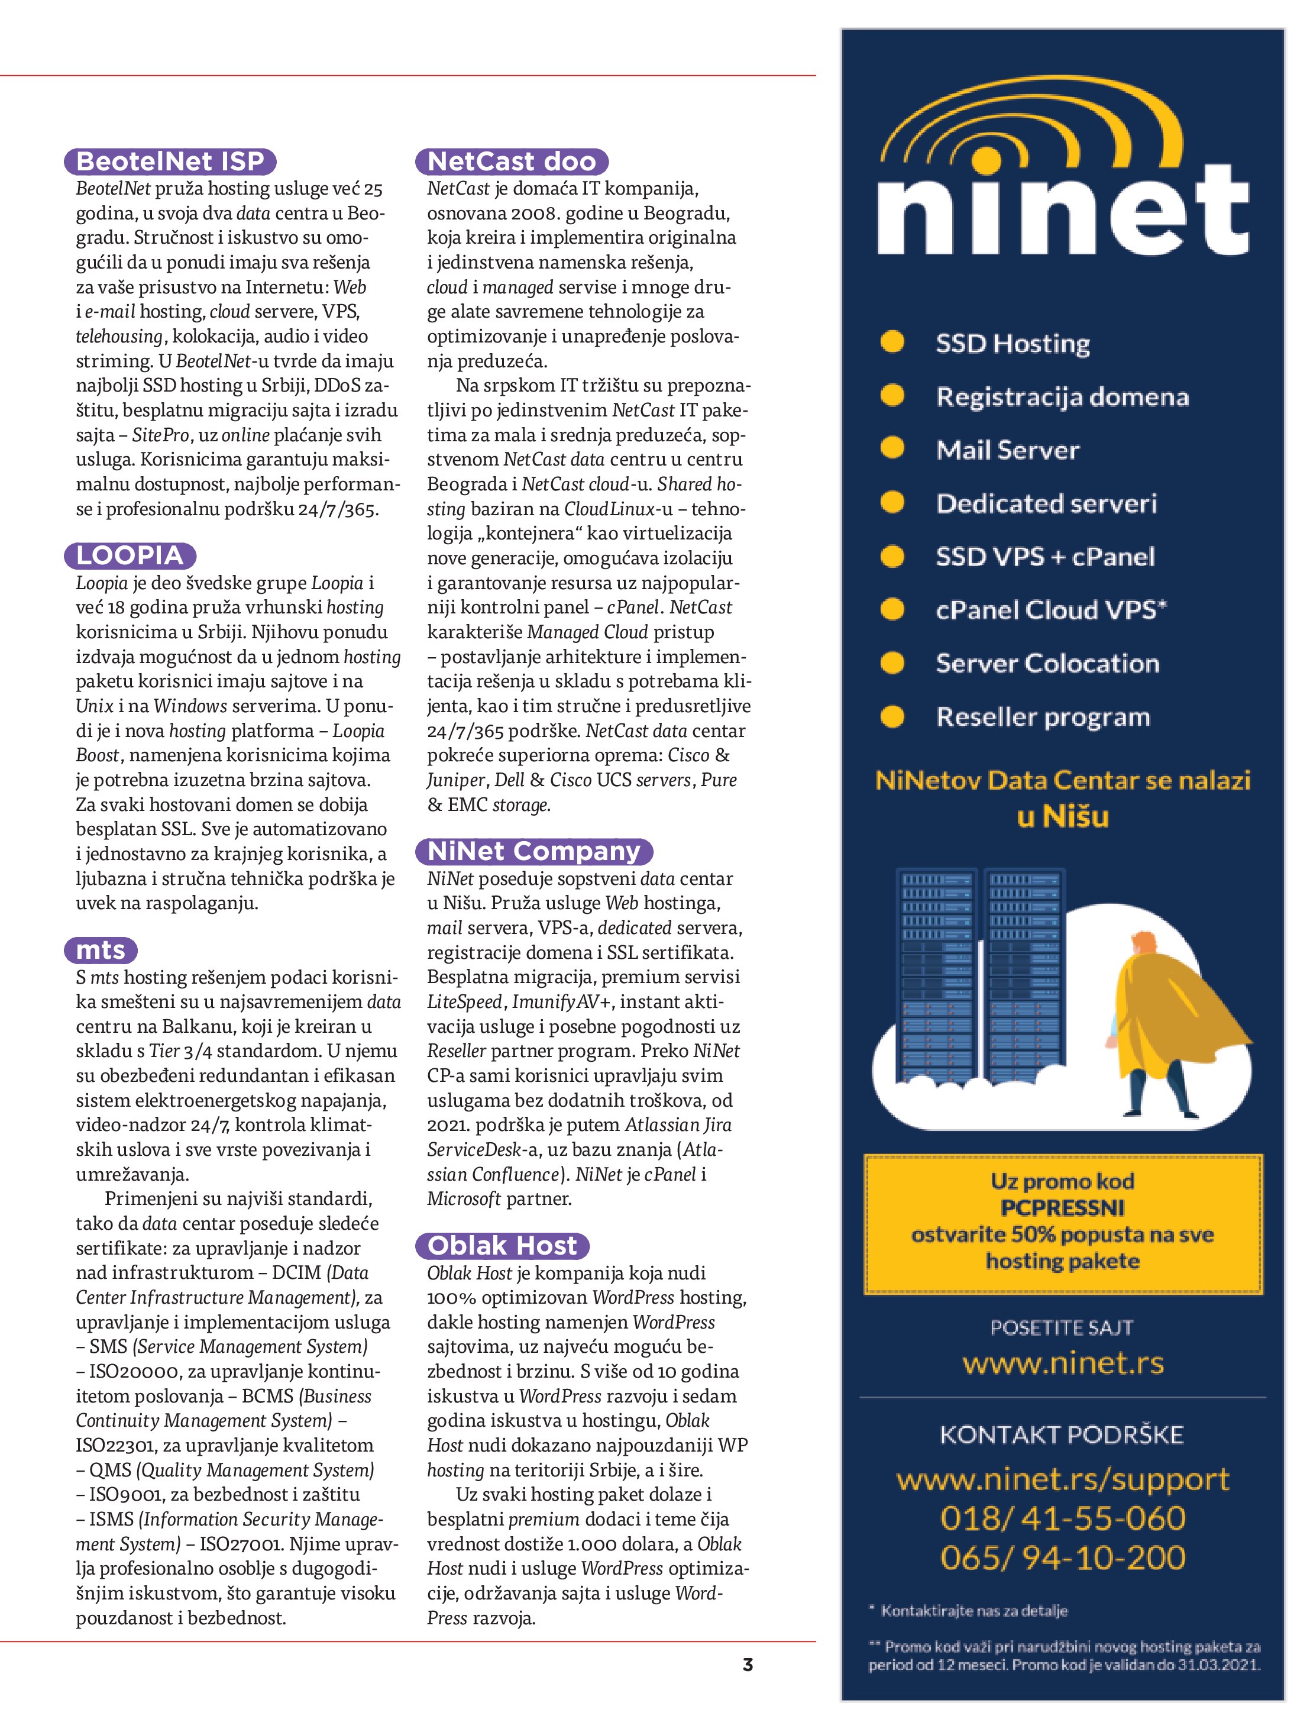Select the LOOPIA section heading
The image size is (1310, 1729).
click(130, 556)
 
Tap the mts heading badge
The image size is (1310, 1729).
click(100, 951)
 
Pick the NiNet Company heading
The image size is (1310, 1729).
click(534, 851)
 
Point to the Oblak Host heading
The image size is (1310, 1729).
click(502, 1246)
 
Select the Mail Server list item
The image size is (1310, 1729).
click(1008, 450)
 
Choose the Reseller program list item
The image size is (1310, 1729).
click(1043, 717)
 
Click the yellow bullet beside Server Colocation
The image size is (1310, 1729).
click(892, 664)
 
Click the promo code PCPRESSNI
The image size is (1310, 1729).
click(1062, 1208)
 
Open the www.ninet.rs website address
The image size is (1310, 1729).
click(1062, 1364)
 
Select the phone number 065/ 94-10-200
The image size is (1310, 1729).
click(1062, 1558)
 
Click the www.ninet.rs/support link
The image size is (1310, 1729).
click(1062, 1479)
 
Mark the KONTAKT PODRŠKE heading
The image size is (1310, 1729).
click(1062, 1435)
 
